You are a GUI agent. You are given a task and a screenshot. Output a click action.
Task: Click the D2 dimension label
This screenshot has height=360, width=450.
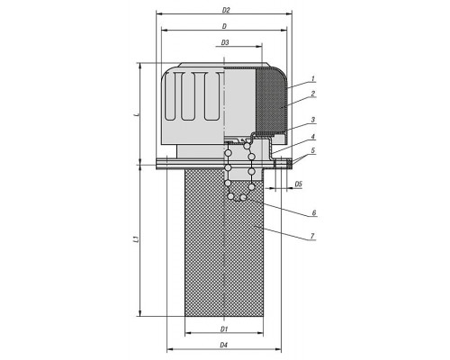tap(226, 10)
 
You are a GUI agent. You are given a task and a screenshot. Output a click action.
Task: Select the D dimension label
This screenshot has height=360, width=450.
tap(224, 26)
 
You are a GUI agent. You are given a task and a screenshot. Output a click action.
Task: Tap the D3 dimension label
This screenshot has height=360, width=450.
tap(225, 42)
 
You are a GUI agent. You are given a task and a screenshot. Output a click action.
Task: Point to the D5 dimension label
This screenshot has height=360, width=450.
tap(298, 184)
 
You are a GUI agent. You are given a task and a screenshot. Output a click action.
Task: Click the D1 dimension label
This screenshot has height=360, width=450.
tap(224, 329)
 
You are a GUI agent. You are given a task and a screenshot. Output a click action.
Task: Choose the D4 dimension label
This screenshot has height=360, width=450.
tap(223, 345)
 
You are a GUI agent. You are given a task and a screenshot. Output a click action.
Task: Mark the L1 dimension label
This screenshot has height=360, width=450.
tap(136, 239)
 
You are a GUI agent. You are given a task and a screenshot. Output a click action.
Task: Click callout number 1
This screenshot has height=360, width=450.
tap(313, 79)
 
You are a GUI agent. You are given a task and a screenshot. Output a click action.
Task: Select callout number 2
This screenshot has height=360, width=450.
tap(313, 94)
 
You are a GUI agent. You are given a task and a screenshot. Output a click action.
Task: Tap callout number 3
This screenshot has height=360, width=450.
tap(313, 120)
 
